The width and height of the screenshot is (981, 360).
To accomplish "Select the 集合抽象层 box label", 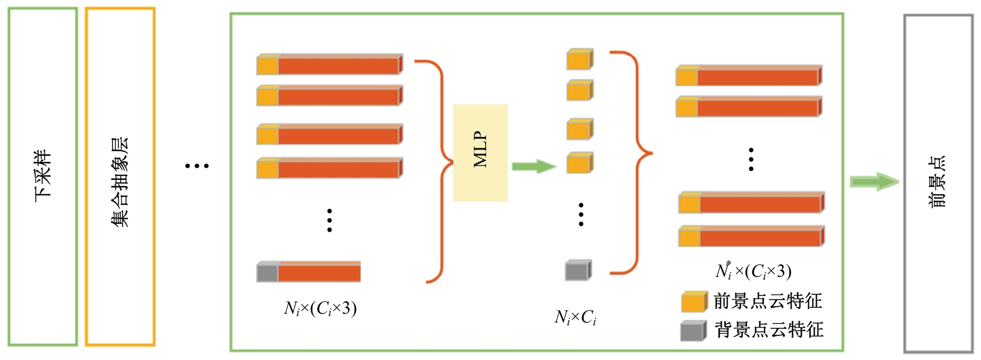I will point(120,182).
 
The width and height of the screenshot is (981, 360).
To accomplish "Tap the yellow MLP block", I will point(480,152).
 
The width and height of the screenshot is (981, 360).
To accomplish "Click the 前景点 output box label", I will point(938,182).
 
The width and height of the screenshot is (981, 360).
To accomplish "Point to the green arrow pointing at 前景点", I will point(874,181).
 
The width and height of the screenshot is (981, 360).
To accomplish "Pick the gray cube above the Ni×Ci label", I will point(578,270).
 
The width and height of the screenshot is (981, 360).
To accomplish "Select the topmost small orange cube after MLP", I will point(579,59).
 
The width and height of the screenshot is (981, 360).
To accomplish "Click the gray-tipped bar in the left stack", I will point(308,272).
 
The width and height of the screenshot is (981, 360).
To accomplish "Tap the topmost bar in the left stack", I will point(330,64).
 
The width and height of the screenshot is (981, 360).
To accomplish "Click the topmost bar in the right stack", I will point(749,76).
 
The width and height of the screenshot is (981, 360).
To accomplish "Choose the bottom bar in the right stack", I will point(752,236).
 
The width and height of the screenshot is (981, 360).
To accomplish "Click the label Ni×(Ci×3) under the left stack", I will point(320,308).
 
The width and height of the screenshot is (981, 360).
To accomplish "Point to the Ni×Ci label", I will point(575,318).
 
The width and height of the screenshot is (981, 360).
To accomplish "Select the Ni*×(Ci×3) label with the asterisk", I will point(753,270).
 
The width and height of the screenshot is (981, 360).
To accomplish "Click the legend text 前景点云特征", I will point(768,301).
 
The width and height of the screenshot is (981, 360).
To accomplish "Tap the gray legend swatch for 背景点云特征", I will point(693,331).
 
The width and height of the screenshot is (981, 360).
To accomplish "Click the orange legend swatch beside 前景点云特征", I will point(694,302).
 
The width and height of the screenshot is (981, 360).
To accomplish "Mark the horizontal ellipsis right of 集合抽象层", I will point(197,166).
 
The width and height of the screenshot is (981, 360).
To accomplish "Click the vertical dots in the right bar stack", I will point(751,159).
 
